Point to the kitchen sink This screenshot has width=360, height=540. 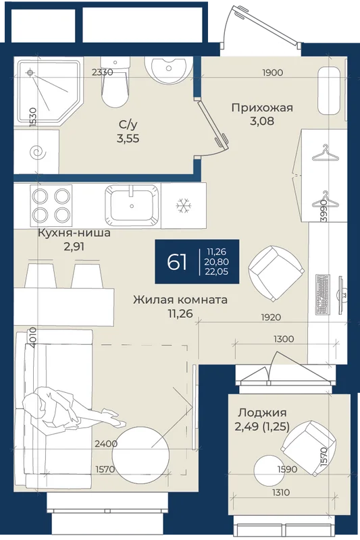click(132, 204)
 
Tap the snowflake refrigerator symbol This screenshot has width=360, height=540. click(183, 206)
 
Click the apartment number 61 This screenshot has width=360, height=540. click(177, 262)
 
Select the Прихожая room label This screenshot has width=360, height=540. click(262, 108)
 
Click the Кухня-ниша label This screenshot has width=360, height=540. click(74, 233)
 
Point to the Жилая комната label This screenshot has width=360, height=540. click(180, 299)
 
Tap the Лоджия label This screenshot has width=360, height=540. click(263, 412)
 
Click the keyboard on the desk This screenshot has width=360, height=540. click(323, 294)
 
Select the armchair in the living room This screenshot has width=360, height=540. click(276, 273)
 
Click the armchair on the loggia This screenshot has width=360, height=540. click(308, 448)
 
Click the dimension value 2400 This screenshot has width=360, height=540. click(106, 444)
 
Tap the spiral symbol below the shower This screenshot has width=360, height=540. click(37, 153)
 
